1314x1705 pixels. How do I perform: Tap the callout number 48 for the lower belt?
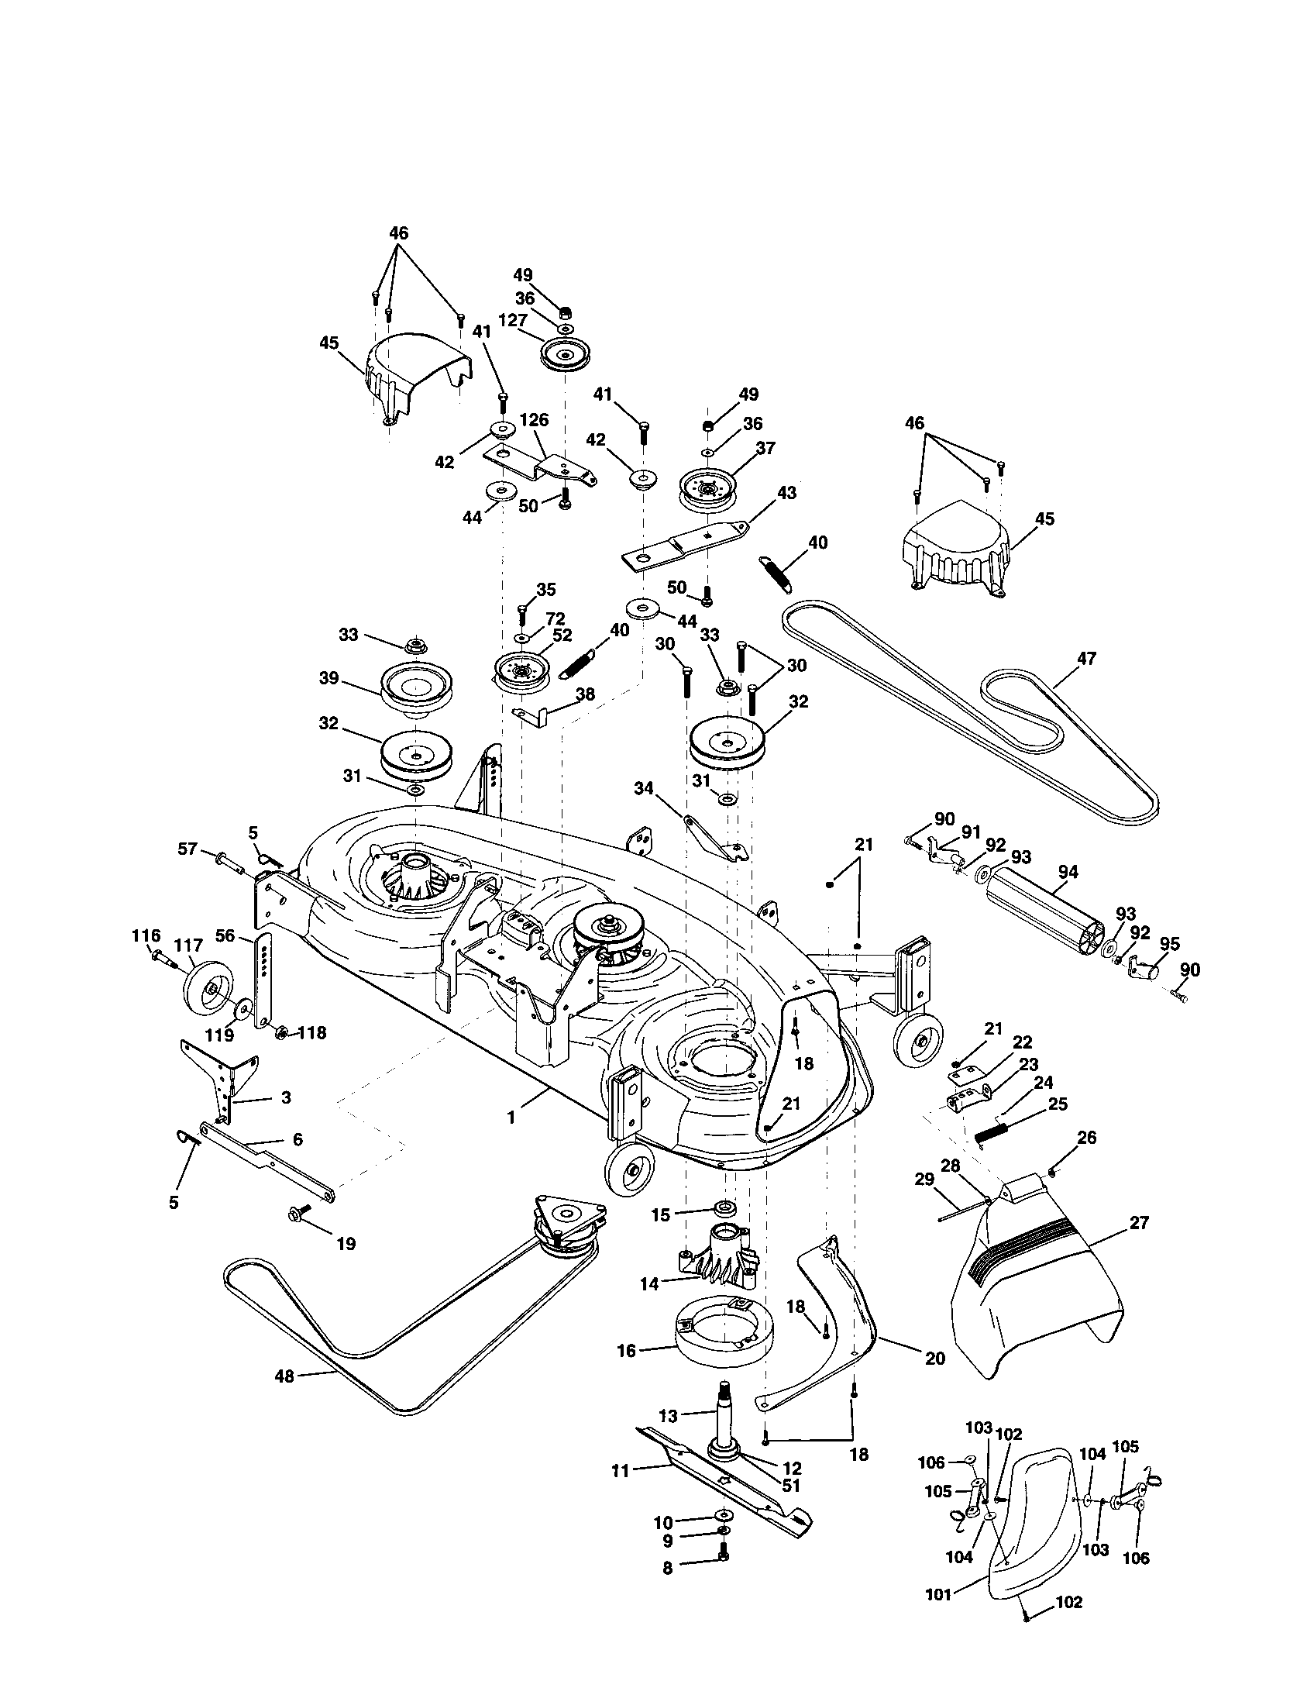click(x=284, y=1376)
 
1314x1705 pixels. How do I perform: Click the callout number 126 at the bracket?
click(x=534, y=420)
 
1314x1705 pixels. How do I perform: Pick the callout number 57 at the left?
click(x=187, y=849)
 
